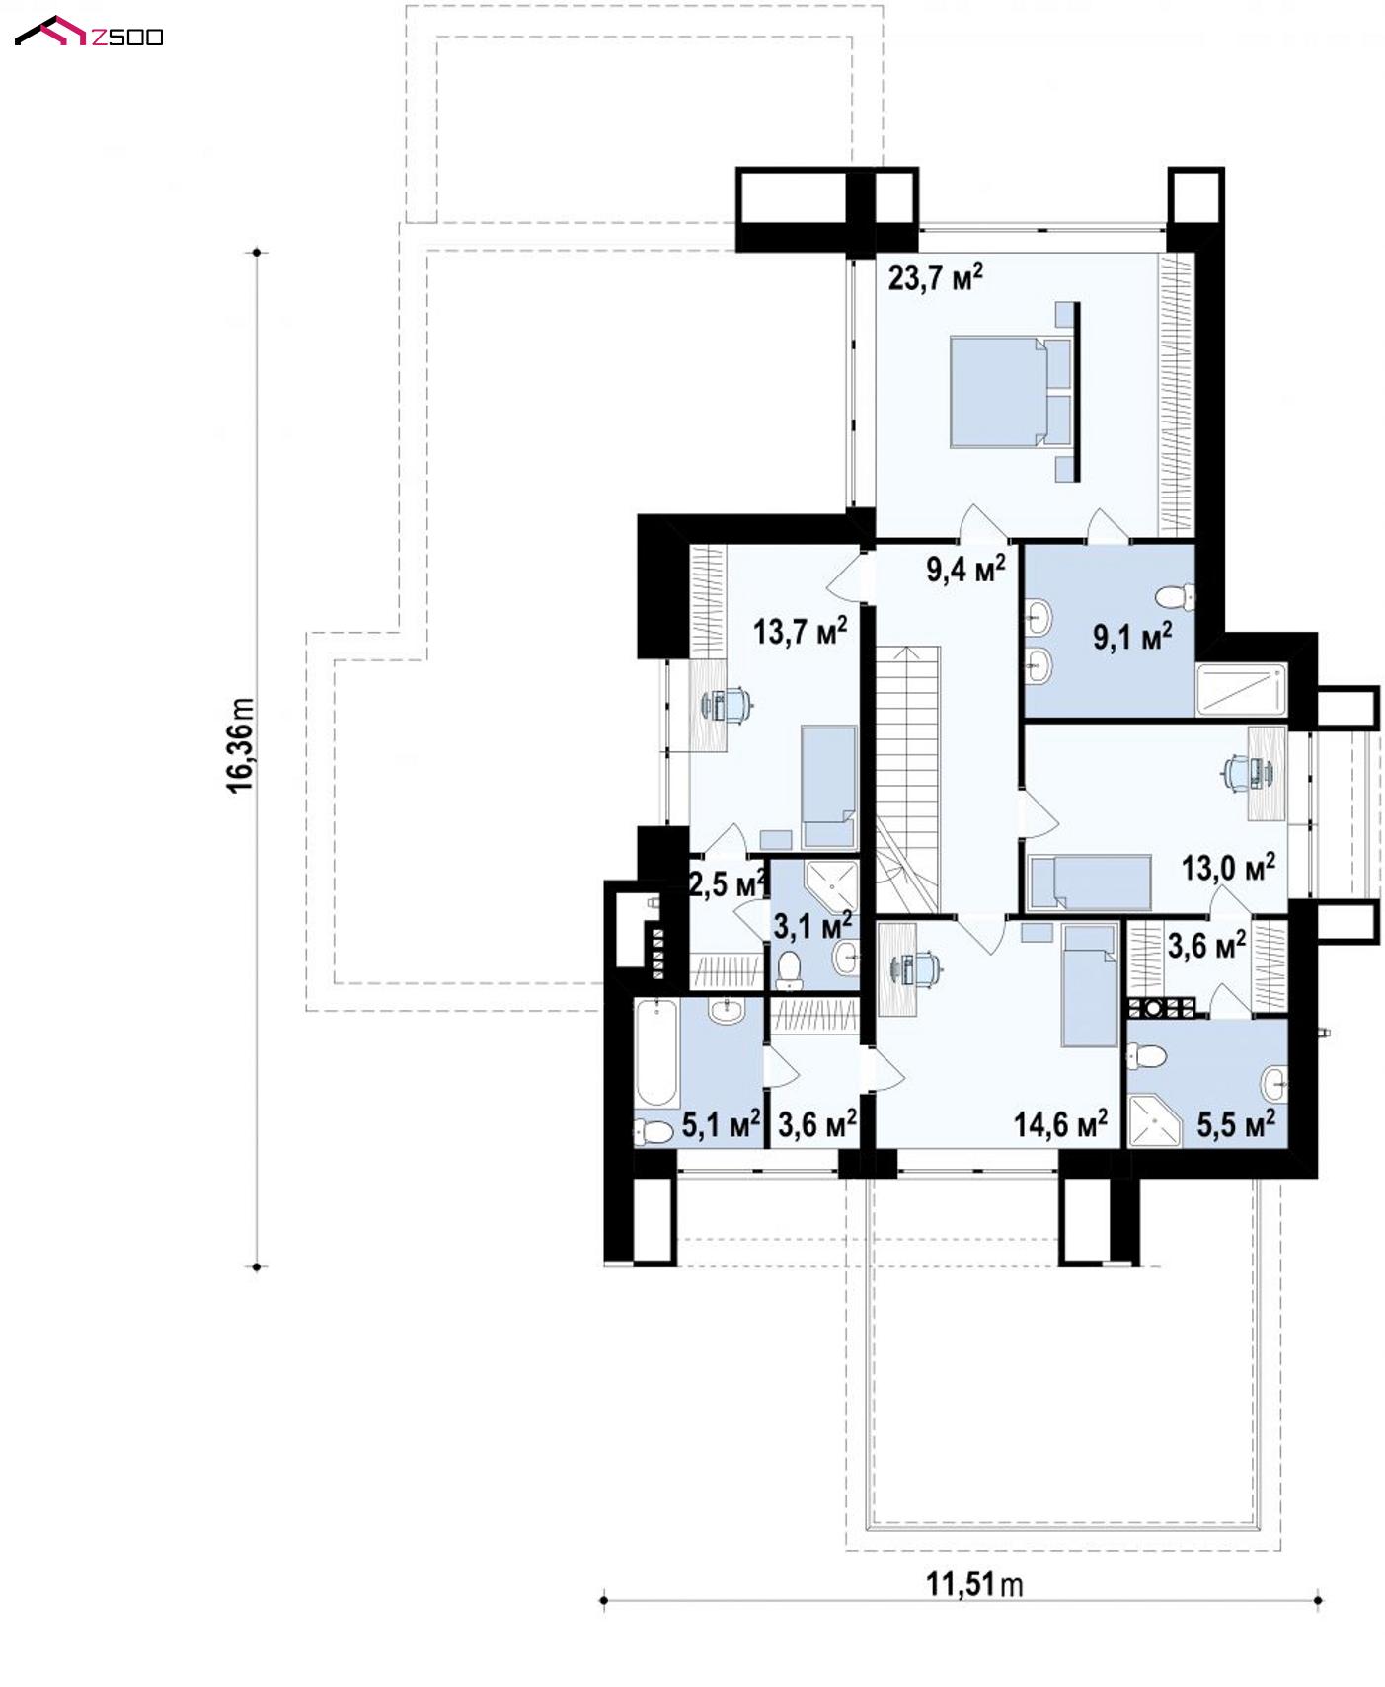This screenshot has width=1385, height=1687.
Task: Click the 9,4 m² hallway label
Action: coord(965,568)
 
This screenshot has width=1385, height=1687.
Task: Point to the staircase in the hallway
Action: coord(907,780)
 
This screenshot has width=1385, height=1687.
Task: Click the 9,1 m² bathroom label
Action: coord(1132,636)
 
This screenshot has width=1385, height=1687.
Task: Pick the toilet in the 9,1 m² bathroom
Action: coord(1175,596)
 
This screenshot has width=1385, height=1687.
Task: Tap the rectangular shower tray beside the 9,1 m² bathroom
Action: coord(1242,689)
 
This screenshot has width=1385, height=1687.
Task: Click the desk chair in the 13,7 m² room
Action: coord(730,704)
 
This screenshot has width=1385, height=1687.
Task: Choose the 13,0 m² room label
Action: coord(1228,868)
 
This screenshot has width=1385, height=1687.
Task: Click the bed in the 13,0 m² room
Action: coord(1090,882)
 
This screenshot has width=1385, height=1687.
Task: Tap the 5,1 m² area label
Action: coord(721,1123)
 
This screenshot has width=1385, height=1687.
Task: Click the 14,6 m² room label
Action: coord(1060,1123)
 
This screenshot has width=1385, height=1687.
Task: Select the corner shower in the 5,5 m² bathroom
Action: coord(1153,1119)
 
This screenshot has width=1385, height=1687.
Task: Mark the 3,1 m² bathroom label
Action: coord(812,926)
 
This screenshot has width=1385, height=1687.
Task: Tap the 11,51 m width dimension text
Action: coord(974,1584)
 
